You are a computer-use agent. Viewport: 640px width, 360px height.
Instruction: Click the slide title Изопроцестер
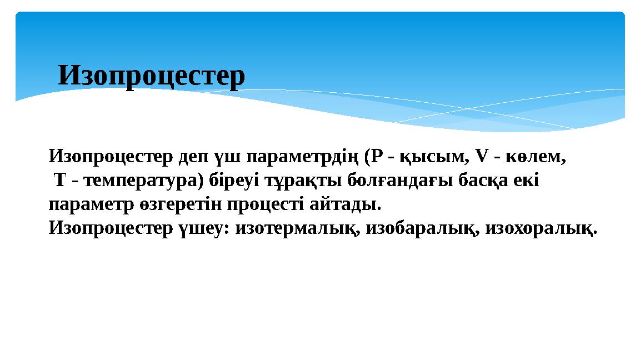coord(151,76)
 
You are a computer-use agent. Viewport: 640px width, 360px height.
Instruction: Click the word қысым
coord(430,157)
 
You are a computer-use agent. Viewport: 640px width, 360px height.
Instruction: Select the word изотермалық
coord(296,228)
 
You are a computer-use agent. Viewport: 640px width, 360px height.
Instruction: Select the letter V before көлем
coord(481,157)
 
